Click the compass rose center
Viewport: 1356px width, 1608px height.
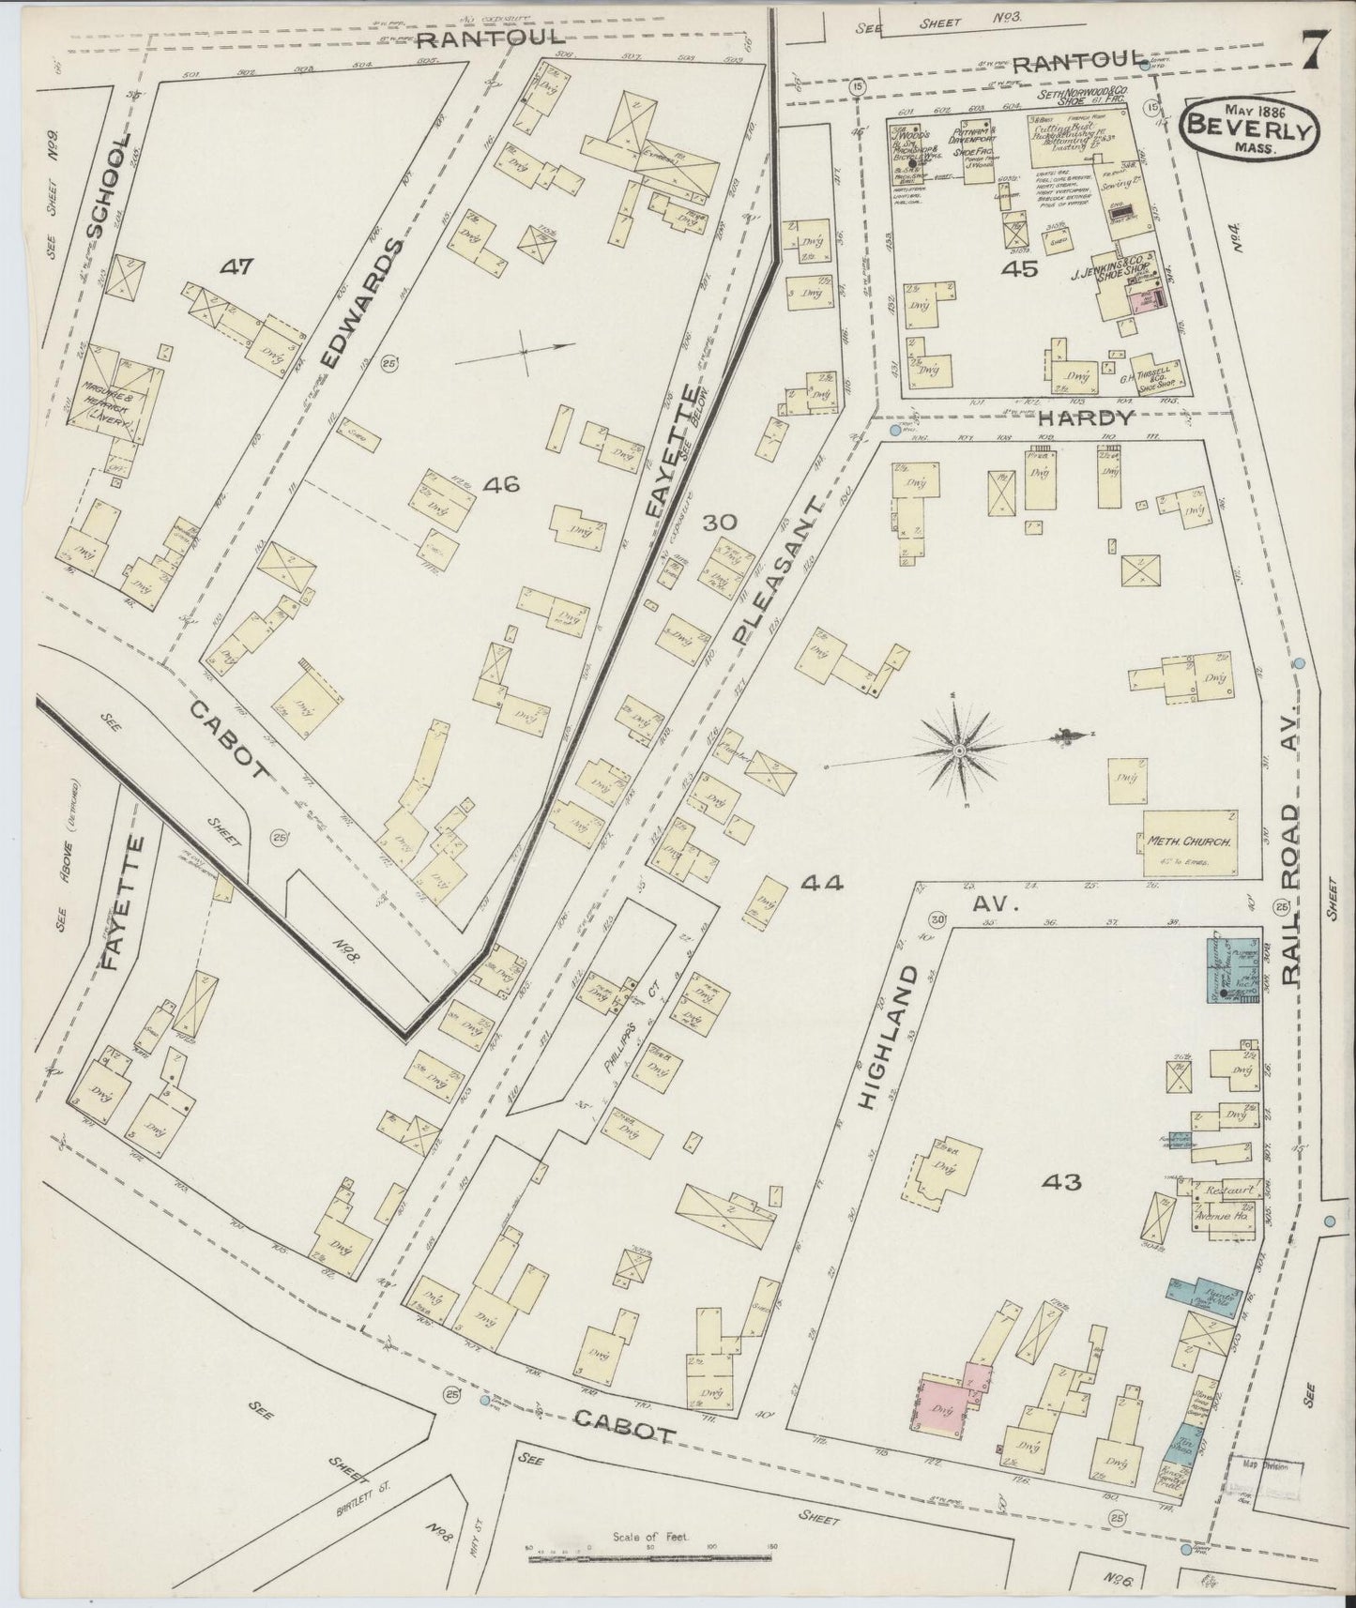(x=959, y=751)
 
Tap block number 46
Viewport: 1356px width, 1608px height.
(x=500, y=484)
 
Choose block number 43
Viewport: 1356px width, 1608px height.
(x=1060, y=1182)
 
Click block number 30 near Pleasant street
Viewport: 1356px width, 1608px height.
(x=723, y=523)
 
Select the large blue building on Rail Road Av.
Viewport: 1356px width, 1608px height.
(x=1230, y=968)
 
